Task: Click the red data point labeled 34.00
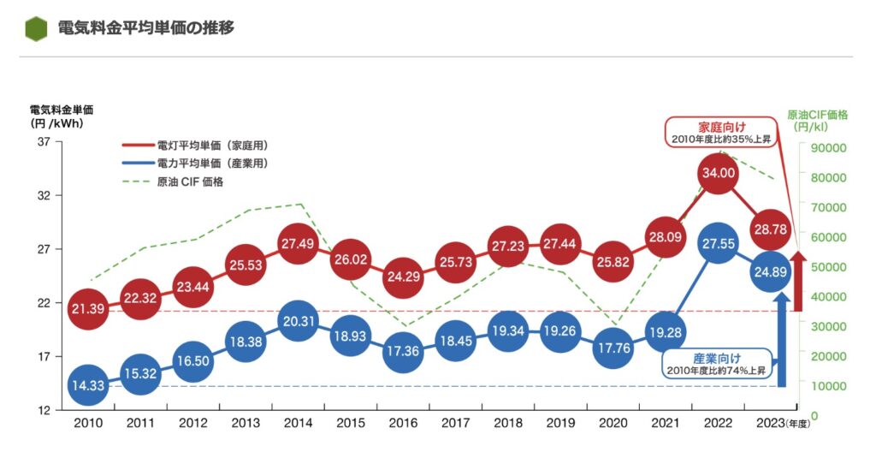point(718,173)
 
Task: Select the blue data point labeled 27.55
point(718,243)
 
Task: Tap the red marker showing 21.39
point(88,308)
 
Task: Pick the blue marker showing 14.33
point(88,385)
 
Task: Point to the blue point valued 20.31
point(298,321)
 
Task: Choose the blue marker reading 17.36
point(403,353)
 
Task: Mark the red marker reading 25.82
point(613,261)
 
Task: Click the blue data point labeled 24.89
point(770,271)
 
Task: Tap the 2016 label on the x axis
point(403,424)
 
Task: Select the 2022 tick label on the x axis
point(718,424)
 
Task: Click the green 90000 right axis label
point(827,147)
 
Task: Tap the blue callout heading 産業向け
point(717,359)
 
